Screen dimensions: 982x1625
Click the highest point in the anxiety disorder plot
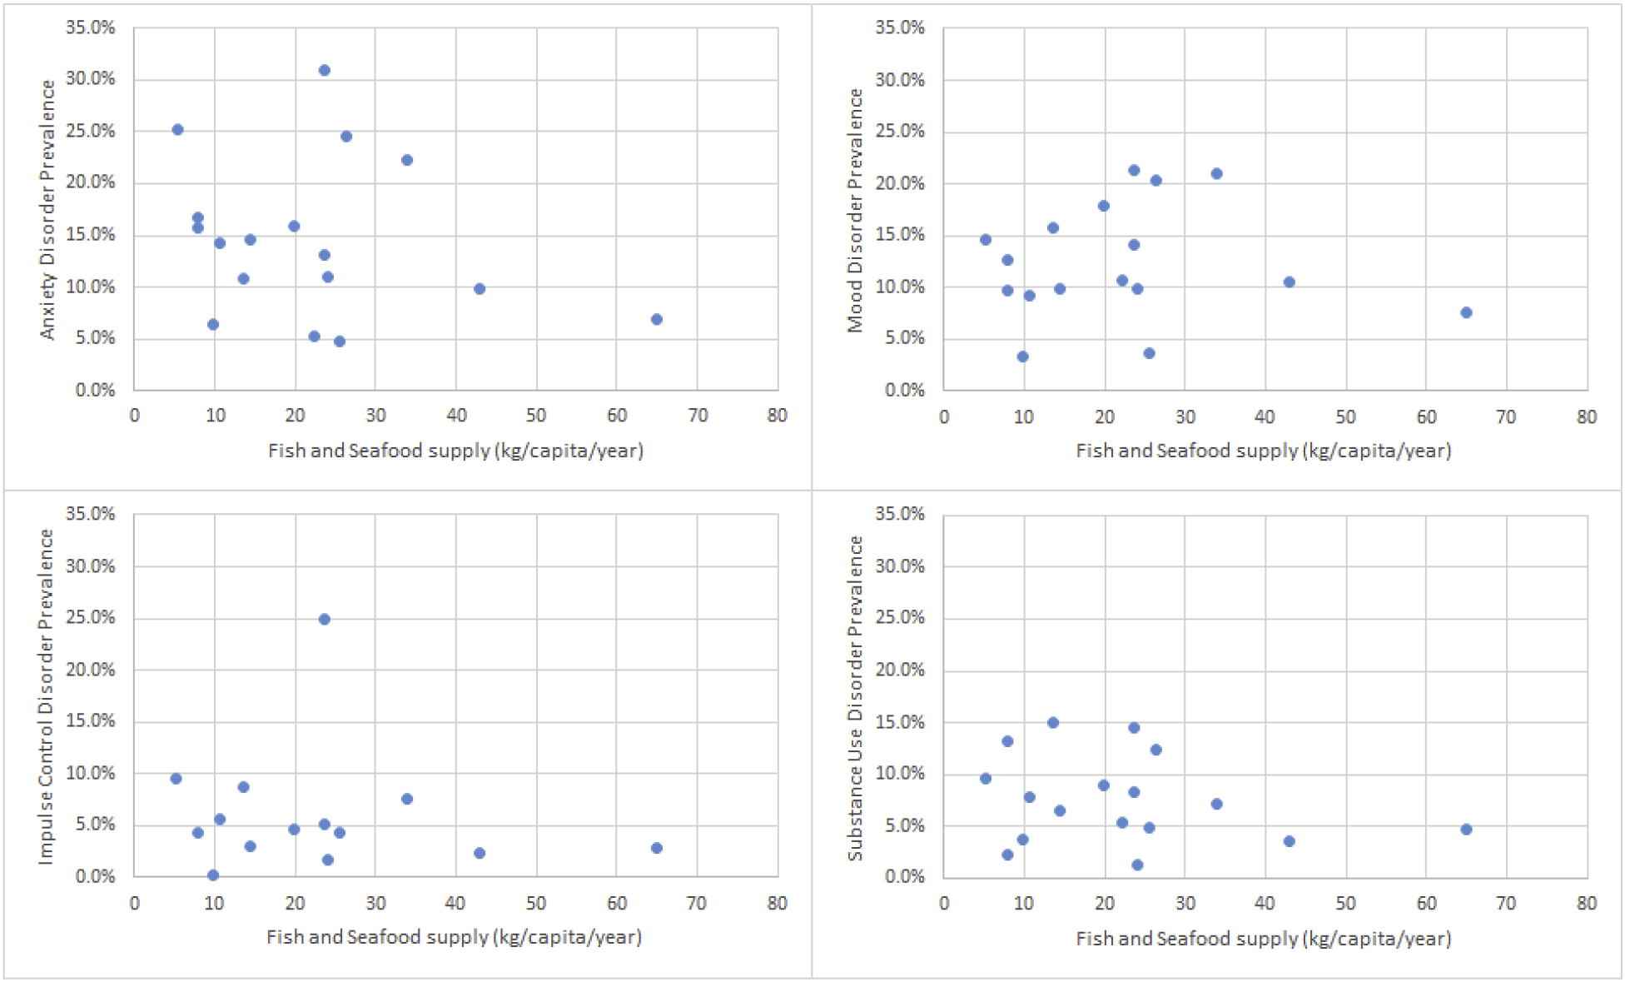click(x=324, y=70)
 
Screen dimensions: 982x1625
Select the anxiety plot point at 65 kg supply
click(x=656, y=319)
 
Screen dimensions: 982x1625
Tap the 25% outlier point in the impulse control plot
click(x=324, y=619)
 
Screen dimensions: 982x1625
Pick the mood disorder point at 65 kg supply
click(x=1466, y=312)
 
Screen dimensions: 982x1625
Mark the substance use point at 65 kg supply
click(x=1466, y=829)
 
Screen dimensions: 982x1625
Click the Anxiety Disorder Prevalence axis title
click(x=48, y=209)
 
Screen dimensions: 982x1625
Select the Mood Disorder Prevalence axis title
click(x=856, y=209)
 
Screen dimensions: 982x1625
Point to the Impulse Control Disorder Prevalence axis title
click(x=47, y=696)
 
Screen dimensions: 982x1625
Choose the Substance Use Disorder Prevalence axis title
click(x=856, y=696)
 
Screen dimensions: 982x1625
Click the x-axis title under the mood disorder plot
click(x=1263, y=451)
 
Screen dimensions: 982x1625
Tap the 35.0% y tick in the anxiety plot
click(x=90, y=27)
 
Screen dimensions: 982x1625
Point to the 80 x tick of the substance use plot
click(x=1587, y=902)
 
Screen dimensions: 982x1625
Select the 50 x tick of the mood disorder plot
click(x=1345, y=416)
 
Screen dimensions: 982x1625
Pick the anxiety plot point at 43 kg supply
click(x=479, y=288)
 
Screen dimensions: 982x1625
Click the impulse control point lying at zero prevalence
click(x=212, y=875)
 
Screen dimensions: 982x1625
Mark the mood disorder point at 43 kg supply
click(x=1289, y=282)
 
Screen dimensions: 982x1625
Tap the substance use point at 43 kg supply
click(x=1289, y=840)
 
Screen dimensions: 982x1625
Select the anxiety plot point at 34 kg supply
click(x=406, y=160)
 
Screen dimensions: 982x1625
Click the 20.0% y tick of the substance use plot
click(x=900, y=670)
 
